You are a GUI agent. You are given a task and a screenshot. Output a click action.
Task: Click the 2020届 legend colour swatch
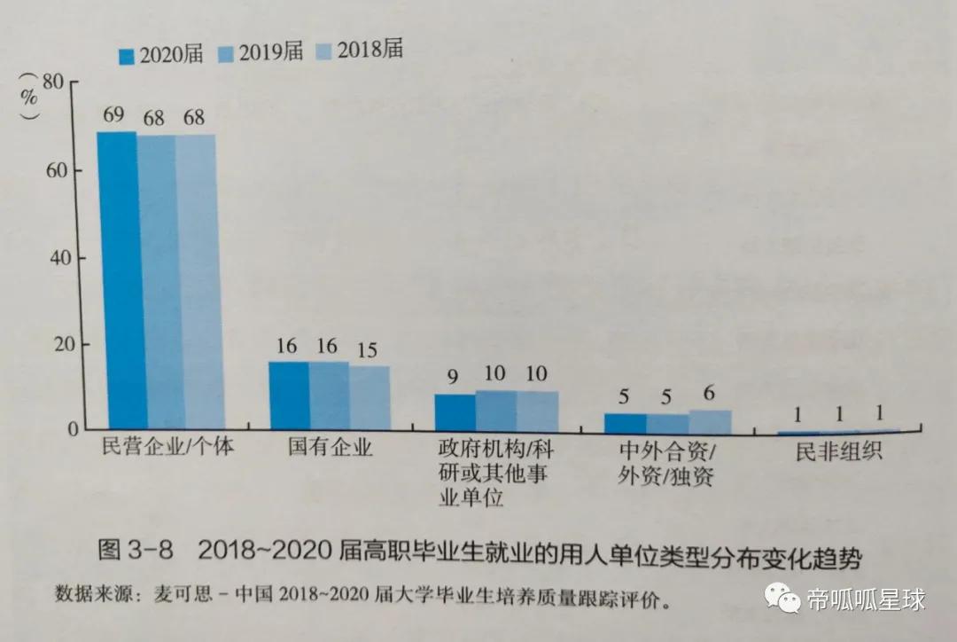(125, 56)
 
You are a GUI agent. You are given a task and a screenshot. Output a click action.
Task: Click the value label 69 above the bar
(113, 116)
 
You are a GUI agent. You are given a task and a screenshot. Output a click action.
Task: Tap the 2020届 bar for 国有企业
(288, 395)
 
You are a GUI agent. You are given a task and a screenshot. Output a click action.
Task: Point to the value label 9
(452, 377)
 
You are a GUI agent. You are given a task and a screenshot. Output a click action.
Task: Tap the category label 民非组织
(838, 451)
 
